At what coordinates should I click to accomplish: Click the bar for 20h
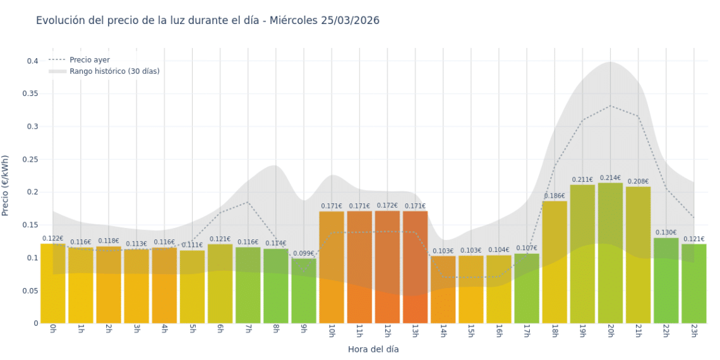[610, 253]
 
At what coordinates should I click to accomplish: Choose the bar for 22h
[666, 280]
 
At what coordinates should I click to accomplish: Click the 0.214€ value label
[610, 178]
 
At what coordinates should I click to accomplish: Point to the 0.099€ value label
[304, 253]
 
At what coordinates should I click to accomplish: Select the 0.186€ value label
[555, 196]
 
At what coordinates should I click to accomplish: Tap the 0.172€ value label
[387, 205]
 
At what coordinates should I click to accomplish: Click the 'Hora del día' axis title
[373, 349]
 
